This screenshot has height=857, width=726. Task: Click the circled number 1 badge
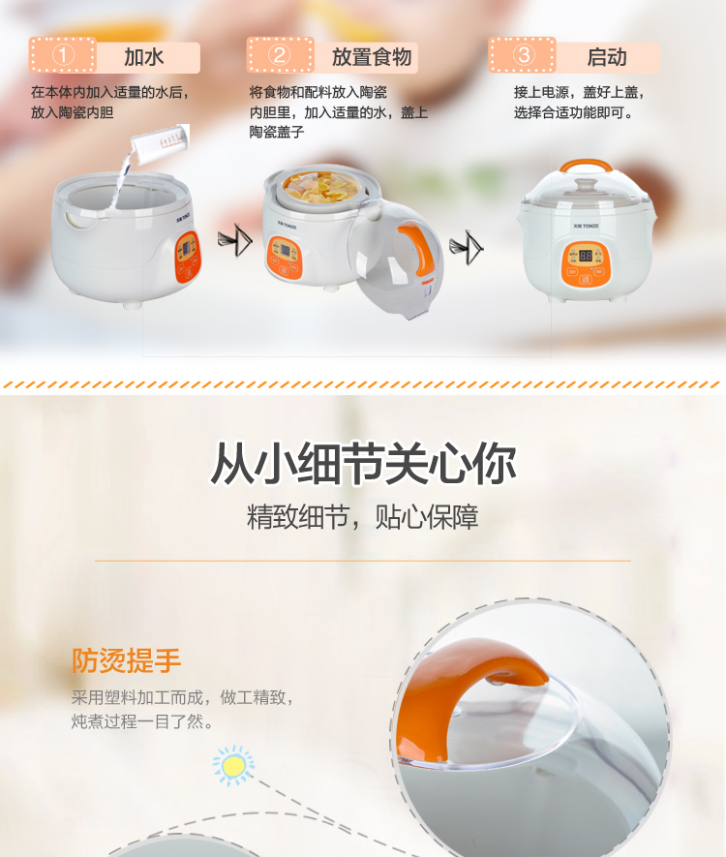pos(63,55)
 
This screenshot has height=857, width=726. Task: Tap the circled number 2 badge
pos(280,55)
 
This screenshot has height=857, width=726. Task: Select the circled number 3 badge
pos(523,54)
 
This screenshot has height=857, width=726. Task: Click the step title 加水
pos(143,57)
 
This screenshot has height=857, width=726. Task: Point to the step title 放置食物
pos(372,57)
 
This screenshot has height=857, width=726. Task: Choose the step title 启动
pos(606,57)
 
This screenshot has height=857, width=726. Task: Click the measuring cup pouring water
pos(161,143)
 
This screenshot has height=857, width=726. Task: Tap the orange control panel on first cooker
pos(188,257)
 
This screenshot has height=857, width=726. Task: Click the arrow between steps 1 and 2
pos(235,239)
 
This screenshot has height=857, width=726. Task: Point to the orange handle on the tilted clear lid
pos(418,249)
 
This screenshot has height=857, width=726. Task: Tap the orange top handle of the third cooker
pos(586,165)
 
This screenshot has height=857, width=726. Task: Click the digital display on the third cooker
pos(586,255)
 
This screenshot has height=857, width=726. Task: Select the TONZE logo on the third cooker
pos(586,226)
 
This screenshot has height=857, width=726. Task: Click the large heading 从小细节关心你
pos(363,464)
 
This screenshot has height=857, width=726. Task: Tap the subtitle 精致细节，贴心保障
pos(363,516)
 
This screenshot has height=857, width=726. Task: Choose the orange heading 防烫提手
pos(126,660)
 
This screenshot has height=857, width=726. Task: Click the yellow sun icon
pos(233,765)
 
